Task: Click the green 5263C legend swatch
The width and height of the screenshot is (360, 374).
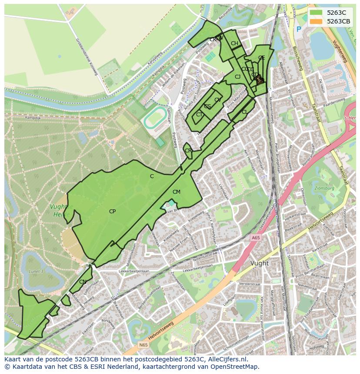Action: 316,13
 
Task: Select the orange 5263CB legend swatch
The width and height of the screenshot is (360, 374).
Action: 316,21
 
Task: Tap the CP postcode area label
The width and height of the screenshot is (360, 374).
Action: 112,212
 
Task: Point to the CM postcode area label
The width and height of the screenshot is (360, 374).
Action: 176,192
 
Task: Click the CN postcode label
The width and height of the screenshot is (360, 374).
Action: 83,282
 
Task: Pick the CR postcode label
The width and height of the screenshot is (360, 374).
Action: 188,151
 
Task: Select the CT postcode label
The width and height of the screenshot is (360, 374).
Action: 199,115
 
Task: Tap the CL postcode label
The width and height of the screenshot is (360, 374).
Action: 245,112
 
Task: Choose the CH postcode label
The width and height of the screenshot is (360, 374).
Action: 234,43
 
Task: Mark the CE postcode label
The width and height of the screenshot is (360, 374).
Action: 261,58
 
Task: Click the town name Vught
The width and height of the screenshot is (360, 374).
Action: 260,263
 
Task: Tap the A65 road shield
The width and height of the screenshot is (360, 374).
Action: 255,238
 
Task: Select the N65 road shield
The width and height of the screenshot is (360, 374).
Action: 143,344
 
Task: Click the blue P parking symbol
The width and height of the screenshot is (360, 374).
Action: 298,29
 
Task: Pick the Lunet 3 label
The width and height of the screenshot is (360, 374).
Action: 36,271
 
